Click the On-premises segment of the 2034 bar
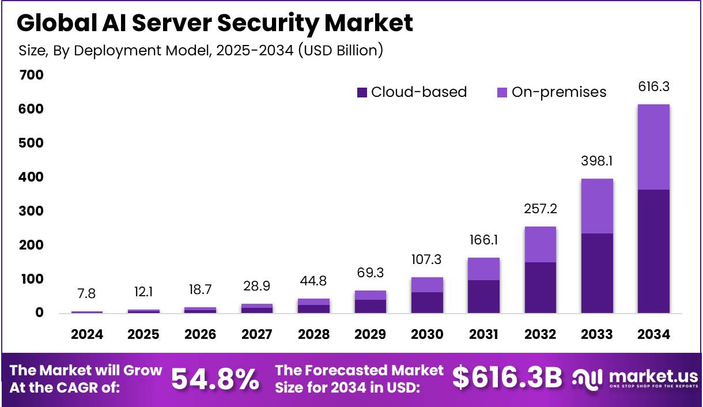pos(653,147)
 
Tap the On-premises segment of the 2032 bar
pos(540,244)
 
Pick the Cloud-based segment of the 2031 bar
pos(483,296)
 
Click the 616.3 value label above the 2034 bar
pos(653,87)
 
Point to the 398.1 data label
pos(597,161)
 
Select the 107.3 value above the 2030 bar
pos(427,260)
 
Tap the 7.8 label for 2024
pos(86,294)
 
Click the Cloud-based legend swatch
pos(362,92)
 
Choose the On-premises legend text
pos(559,92)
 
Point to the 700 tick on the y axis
pos(31,75)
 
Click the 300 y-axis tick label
pos(31,211)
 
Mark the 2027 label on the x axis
pos(256,334)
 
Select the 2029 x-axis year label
pos(370,334)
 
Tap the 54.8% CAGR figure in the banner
pos(215,379)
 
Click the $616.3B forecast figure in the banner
pos(507,378)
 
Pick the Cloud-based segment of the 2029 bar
pos(370,306)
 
